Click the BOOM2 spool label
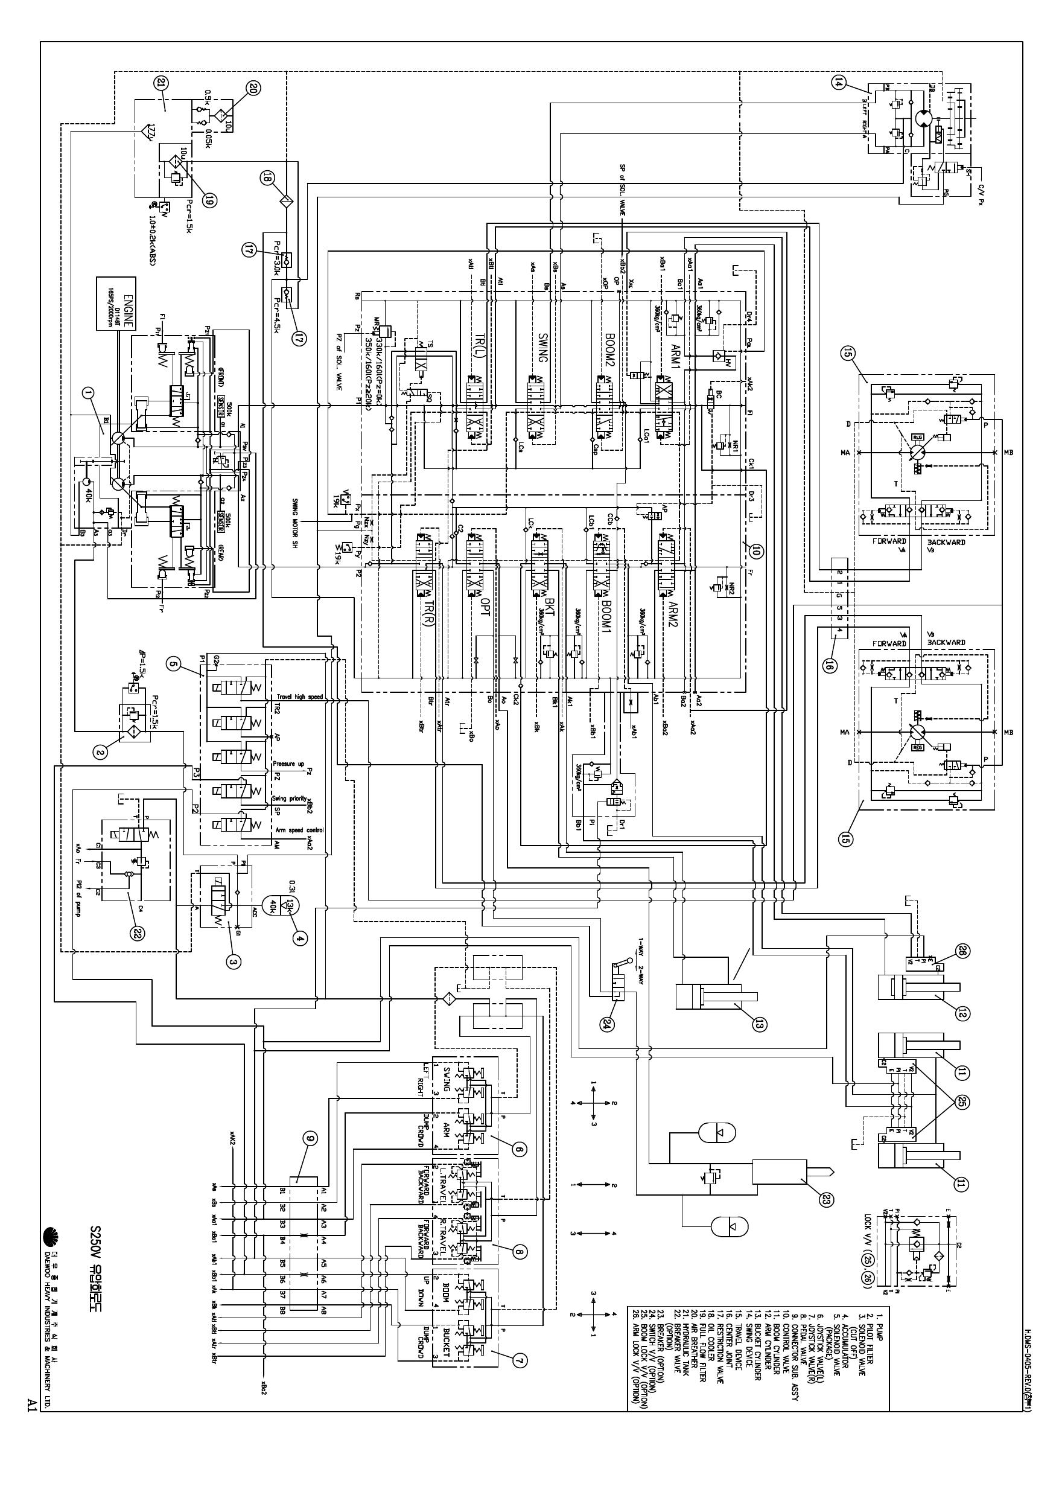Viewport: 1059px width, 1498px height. click(x=609, y=346)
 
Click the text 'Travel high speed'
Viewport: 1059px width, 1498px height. click(x=299, y=697)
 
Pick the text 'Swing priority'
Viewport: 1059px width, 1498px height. click(x=290, y=798)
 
